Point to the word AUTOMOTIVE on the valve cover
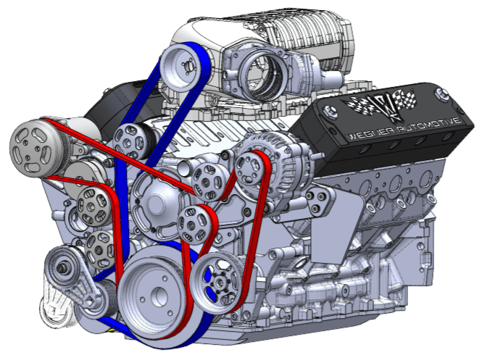(430, 125)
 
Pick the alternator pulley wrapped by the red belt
(249, 169)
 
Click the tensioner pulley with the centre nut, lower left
(62, 268)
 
